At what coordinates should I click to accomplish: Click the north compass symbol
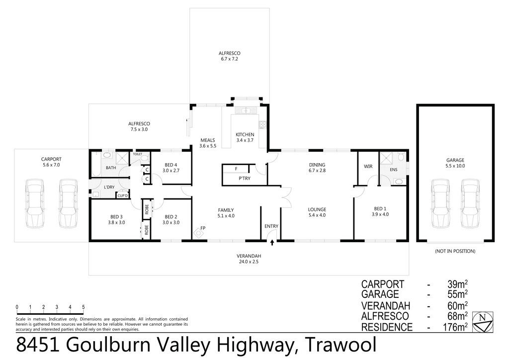(483, 322)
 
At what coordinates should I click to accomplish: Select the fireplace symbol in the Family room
(198, 233)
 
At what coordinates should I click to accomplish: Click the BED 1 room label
(380, 209)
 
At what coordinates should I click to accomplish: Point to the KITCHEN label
(245, 134)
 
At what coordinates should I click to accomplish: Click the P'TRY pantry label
(245, 178)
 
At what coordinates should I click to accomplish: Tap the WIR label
(368, 167)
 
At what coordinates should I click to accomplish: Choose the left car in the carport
(34, 204)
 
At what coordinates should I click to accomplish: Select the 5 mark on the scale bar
(84, 307)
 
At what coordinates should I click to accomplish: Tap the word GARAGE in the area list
(380, 294)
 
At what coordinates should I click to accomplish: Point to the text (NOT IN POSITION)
(455, 251)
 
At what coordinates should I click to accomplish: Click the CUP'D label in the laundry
(123, 195)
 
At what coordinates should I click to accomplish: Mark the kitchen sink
(245, 110)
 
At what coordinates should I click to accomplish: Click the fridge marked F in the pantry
(236, 169)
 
